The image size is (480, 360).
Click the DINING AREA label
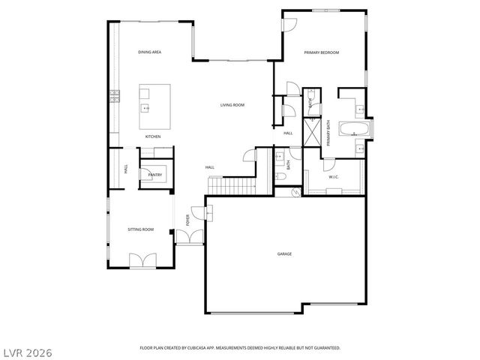click(x=150, y=52)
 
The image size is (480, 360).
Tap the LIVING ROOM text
click(x=232, y=105)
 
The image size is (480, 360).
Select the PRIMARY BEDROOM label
click(x=322, y=52)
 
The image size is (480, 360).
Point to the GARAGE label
click(x=284, y=254)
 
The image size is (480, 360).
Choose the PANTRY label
click(x=155, y=175)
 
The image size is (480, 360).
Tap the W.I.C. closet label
click(x=334, y=177)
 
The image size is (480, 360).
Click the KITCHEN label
click(x=153, y=136)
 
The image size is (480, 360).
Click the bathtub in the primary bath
click(x=352, y=129)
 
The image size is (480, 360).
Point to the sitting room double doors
click(x=142, y=260)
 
